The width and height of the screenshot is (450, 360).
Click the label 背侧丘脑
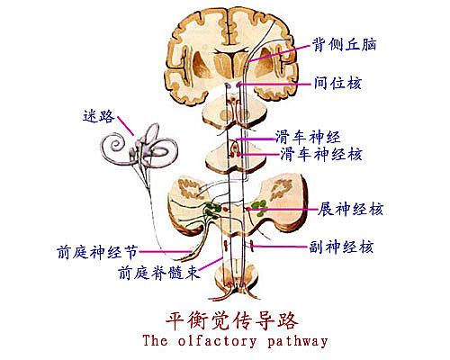coord(344,45)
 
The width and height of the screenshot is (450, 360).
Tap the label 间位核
coord(337,83)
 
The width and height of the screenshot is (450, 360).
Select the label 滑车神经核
coord(321,154)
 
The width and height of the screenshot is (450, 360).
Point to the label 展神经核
coord(350,209)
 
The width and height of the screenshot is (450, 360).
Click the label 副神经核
coord(341,247)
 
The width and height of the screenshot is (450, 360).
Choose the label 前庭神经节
coord(97,252)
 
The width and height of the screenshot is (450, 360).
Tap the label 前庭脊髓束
coord(159,273)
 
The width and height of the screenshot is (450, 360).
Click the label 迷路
coord(99,116)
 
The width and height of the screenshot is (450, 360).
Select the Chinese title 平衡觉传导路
coord(232,321)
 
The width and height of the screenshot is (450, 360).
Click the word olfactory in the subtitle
coord(218,341)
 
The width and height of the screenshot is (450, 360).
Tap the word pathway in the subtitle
coord(297,342)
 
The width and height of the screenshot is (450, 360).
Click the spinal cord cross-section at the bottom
coord(237,277)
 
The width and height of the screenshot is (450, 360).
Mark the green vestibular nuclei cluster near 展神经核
coord(259,208)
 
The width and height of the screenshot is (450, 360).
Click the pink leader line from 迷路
coord(125,125)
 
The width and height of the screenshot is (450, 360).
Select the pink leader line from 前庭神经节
coord(166,252)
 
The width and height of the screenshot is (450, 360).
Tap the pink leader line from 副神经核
coord(280,247)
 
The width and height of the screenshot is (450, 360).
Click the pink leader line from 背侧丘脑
coord(278,53)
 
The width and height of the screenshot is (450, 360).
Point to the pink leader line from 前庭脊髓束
coord(211,264)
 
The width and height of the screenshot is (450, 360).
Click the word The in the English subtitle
coord(155,340)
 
